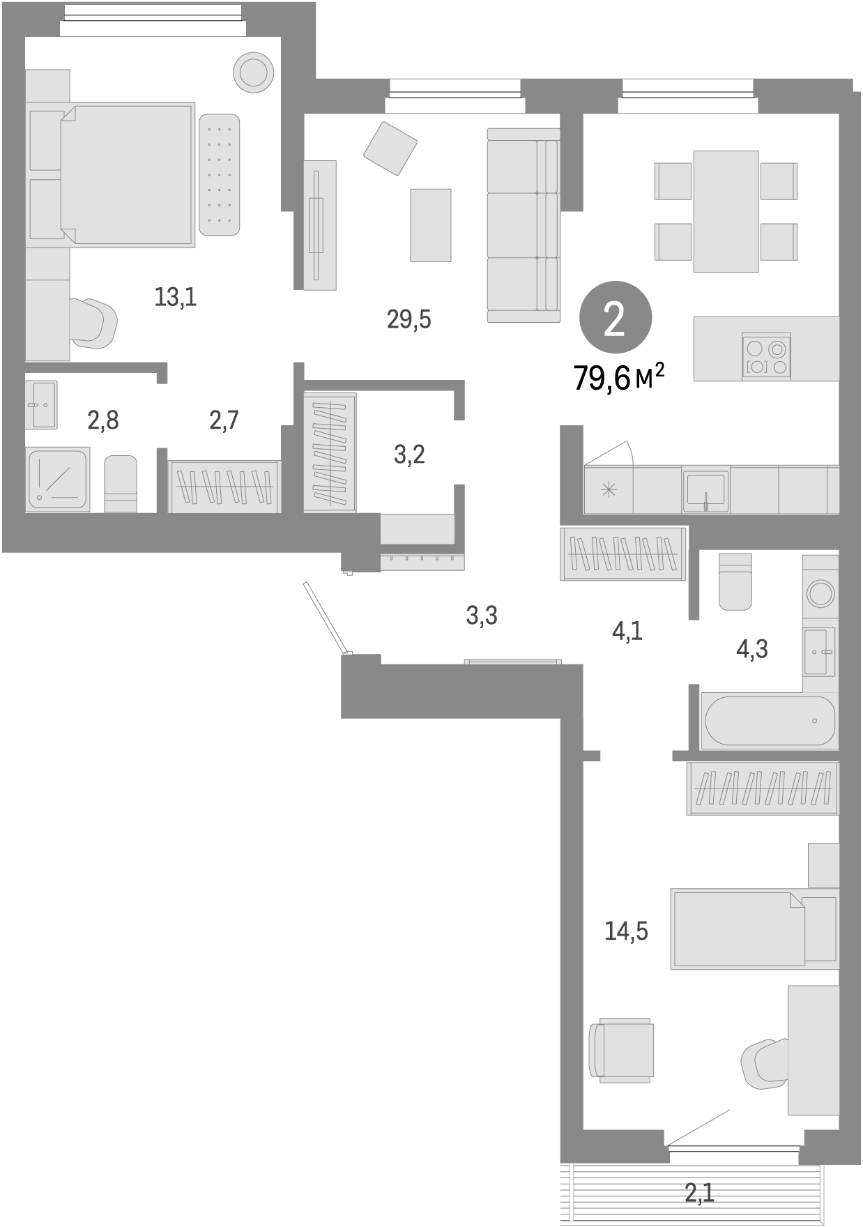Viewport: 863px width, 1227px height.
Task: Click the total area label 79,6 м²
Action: pyautogui.click(x=618, y=378)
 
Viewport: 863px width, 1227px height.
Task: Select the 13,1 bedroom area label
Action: pyautogui.click(x=176, y=298)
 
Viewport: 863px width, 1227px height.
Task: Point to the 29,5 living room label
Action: pyautogui.click(x=409, y=319)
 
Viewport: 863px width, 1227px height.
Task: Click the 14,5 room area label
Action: pyautogui.click(x=626, y=931)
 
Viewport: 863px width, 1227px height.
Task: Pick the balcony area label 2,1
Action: pyautogui.click(x=699, y=1193)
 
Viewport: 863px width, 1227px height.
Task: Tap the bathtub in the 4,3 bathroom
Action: pyautogui.click(x=770, y=721)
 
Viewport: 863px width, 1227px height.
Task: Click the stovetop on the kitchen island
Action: pyautogui.click(x=766, y=356)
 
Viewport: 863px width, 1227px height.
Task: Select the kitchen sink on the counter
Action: pyautogui.click(x=705, y=488)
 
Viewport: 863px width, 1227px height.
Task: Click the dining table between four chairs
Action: pyautogui.click(x=726, y=211)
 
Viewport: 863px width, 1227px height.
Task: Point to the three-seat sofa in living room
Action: pyautogui.click(x=523, y=225)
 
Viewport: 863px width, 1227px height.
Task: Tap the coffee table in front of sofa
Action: pyautogui.click(x=430, y=225)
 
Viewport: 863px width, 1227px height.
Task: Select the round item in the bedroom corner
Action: pyautogui.click(x=252, y=73)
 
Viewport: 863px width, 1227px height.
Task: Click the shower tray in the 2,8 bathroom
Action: pyautogui.click(x=58, y=479)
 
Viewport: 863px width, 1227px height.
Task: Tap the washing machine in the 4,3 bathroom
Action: pyautogui.click(x=820, y=593)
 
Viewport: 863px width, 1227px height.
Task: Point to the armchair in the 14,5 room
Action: pyautogui.click(x=622, y=1049)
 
